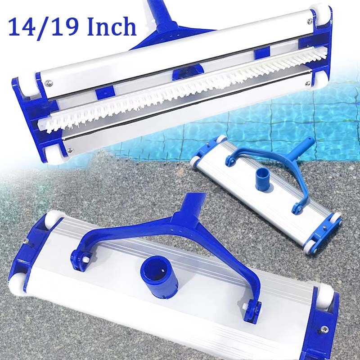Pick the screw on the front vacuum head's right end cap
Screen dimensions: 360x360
pos(324,329)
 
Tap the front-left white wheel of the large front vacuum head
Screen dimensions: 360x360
pos(17,287)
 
